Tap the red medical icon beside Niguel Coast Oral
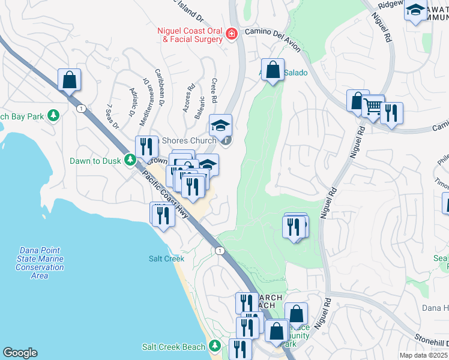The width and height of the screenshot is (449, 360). (x=232, y=35)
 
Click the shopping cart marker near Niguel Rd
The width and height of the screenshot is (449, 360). (x=373, y=107)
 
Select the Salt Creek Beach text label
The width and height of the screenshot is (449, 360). (x=174, y=347)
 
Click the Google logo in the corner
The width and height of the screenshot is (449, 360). (x=20, y=353)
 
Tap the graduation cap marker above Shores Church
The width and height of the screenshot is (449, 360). (x=220, y=125)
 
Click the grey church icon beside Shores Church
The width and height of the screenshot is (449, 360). (x=226, y=141)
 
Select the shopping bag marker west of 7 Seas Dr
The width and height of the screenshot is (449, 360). (x=70, y=80)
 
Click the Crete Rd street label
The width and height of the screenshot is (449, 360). (x=213, y=89)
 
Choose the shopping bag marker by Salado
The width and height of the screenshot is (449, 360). (x=273, y=70)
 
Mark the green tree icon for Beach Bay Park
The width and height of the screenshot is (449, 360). (x=53, y=115)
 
